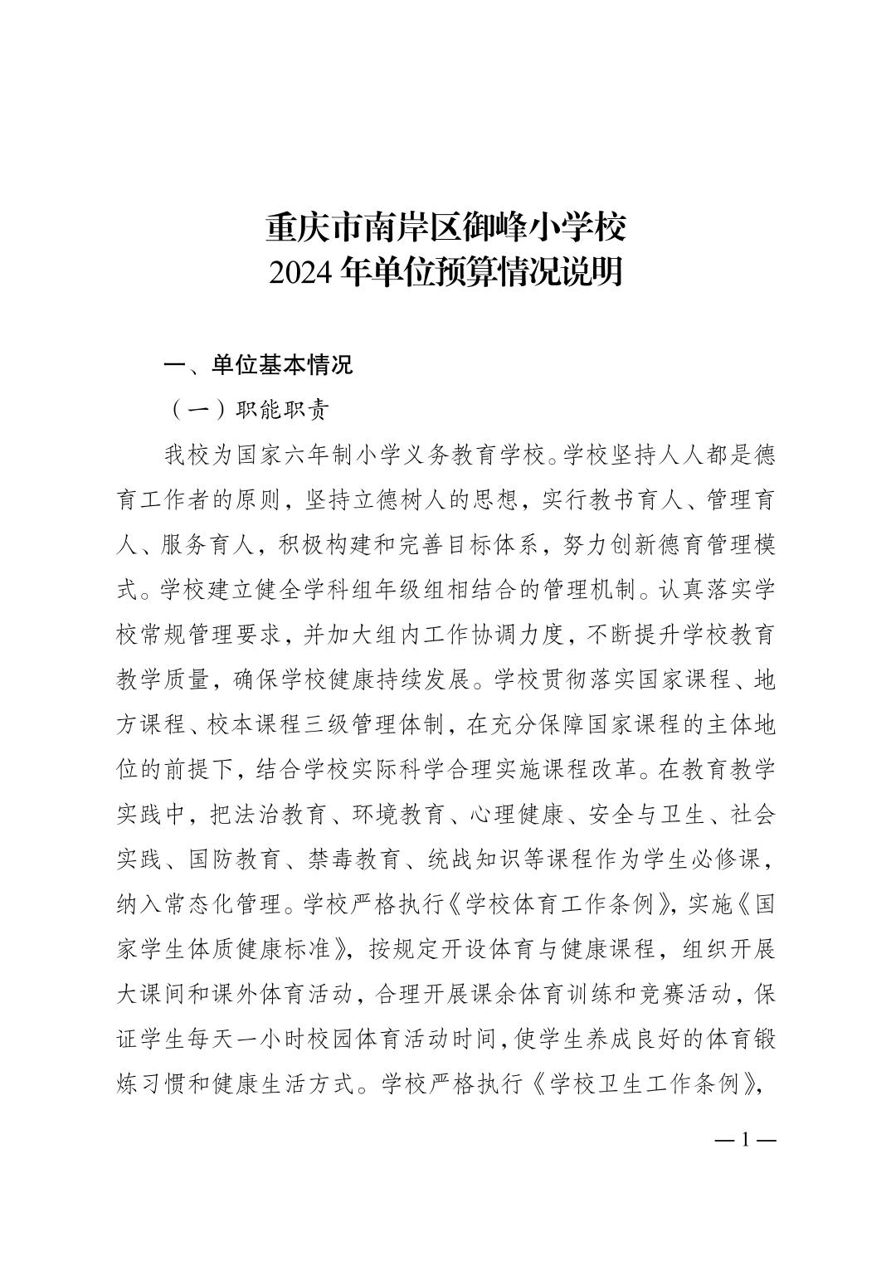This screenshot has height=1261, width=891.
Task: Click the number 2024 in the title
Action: pyautogui.click(x=303, y=273)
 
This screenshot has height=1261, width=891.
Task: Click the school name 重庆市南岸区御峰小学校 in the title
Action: pyautogui.click(x=445, y=227)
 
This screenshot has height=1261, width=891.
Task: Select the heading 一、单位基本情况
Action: pyautogui.click(x=258, y=365)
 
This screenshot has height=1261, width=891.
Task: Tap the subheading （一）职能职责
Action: pyautogui.click(x=248, y=410)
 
